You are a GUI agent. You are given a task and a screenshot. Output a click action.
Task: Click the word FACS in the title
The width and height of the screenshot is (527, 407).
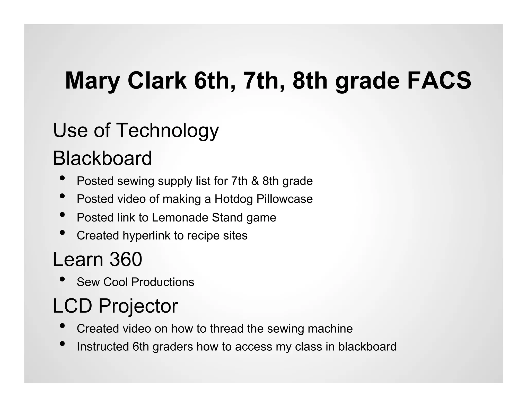tap(439, 81)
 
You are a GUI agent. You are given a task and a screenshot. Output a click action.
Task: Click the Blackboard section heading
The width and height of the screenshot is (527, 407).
tap(102, 158)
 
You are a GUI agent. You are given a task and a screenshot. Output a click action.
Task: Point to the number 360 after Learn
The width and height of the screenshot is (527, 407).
tap(126, 259)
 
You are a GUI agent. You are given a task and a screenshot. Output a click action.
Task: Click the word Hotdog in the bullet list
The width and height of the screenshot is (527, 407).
tap(233, 199)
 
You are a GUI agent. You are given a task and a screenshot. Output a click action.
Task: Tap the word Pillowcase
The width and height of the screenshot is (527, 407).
tap(285, 199)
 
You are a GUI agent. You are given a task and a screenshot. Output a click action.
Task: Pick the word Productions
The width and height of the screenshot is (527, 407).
tap(163, 282)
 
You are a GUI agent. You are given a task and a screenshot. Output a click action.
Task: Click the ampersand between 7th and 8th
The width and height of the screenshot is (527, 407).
tap(255, 181)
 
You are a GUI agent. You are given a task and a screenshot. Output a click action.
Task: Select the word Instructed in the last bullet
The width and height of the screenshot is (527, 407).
tap(103, 347)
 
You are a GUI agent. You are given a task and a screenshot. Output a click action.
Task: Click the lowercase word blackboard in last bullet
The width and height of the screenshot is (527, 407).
tap(367, 347)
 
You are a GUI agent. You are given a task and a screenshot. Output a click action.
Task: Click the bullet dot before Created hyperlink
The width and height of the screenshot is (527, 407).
tap(62, 233)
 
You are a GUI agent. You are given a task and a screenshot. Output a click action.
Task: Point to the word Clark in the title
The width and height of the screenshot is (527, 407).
tap(157, 81)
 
